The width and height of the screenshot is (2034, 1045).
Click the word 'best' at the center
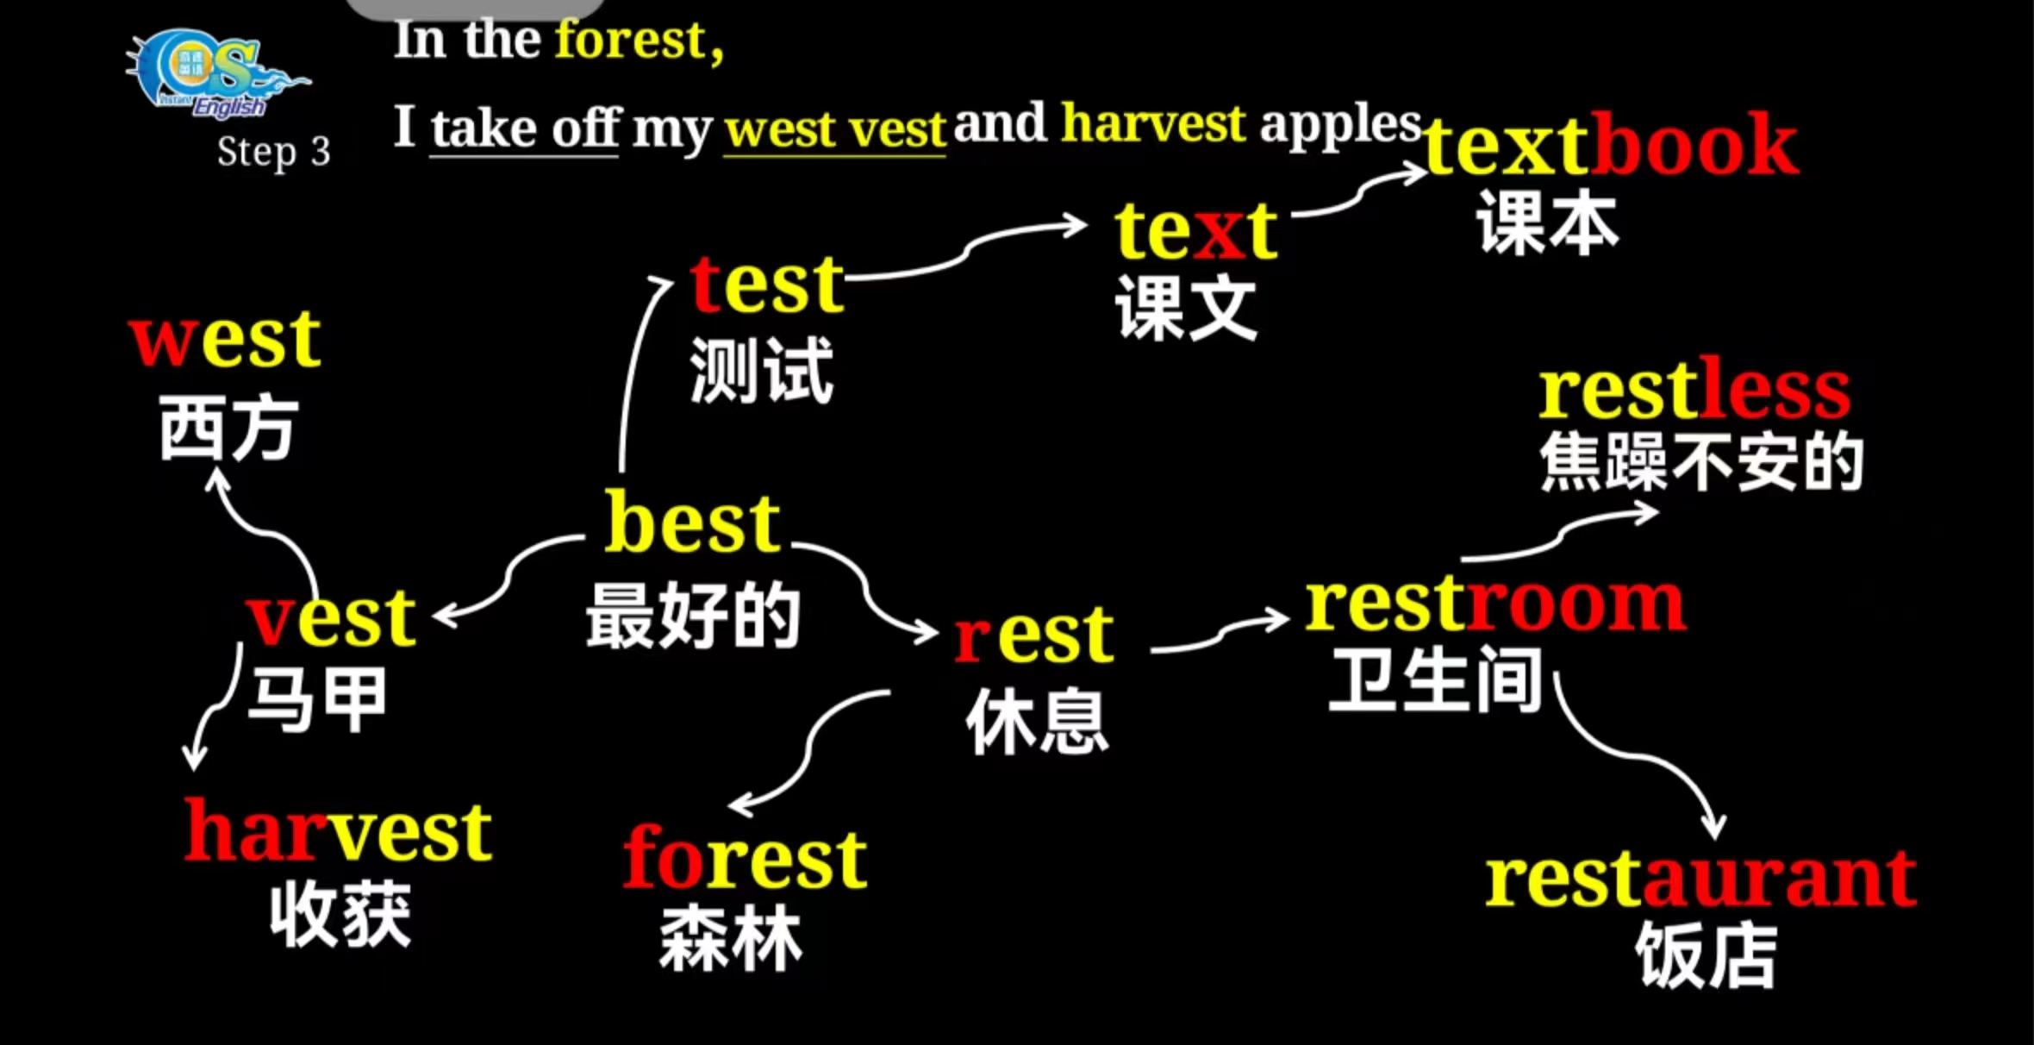point(692,524)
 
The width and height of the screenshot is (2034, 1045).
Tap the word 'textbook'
point(1610,145)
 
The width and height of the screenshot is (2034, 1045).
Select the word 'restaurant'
point(1700,879)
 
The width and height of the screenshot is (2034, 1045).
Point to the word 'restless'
point(1694,392)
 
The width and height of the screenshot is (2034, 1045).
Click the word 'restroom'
point(1495,605)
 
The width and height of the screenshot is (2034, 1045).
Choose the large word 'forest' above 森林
point(745,858)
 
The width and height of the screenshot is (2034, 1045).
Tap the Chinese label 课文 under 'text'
point(1186,309)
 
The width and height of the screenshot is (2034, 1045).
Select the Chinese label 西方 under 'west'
point(228,429)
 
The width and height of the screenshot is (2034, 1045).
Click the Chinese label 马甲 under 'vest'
point(317,700)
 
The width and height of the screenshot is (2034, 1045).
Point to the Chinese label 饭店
point(1706,955)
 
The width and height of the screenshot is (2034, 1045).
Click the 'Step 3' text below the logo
point(273,153)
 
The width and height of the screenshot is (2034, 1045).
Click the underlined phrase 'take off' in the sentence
point(524,129)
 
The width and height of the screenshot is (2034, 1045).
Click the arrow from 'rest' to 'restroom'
point(1220,634)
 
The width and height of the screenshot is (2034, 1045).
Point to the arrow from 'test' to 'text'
point(965,250)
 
